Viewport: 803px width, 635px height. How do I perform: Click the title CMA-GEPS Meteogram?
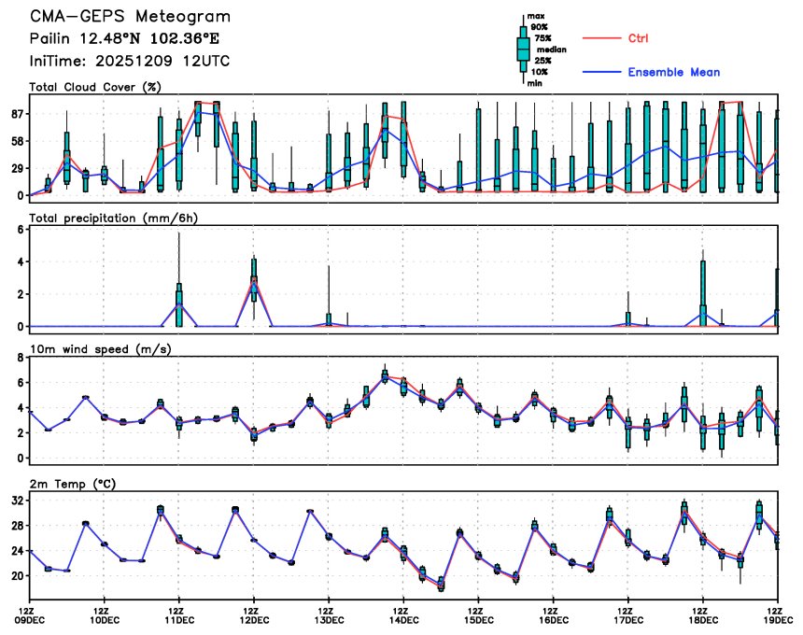pyautogui.click(x=130, y=17)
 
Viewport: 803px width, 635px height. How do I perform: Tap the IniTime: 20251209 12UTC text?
pyautogui.click(x=130, y=61)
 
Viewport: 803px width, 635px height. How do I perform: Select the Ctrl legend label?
pyautogui.click(x=640, y=38)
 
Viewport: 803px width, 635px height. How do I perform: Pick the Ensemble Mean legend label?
pyautogui.click(x=673, y=72)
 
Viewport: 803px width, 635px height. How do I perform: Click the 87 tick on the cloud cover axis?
pyautogui.click(x=15, y=114)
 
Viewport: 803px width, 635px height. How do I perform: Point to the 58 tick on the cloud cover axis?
pyautogui.click(x=15, y=141)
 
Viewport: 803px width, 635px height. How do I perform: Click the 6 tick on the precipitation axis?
pyautogui.click(x=19, y=230)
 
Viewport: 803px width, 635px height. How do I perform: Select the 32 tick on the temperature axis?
pyautogui.click(x=15, y=501)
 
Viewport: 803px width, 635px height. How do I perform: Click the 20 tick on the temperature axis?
pyautogui.click(x=15, y=577)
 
